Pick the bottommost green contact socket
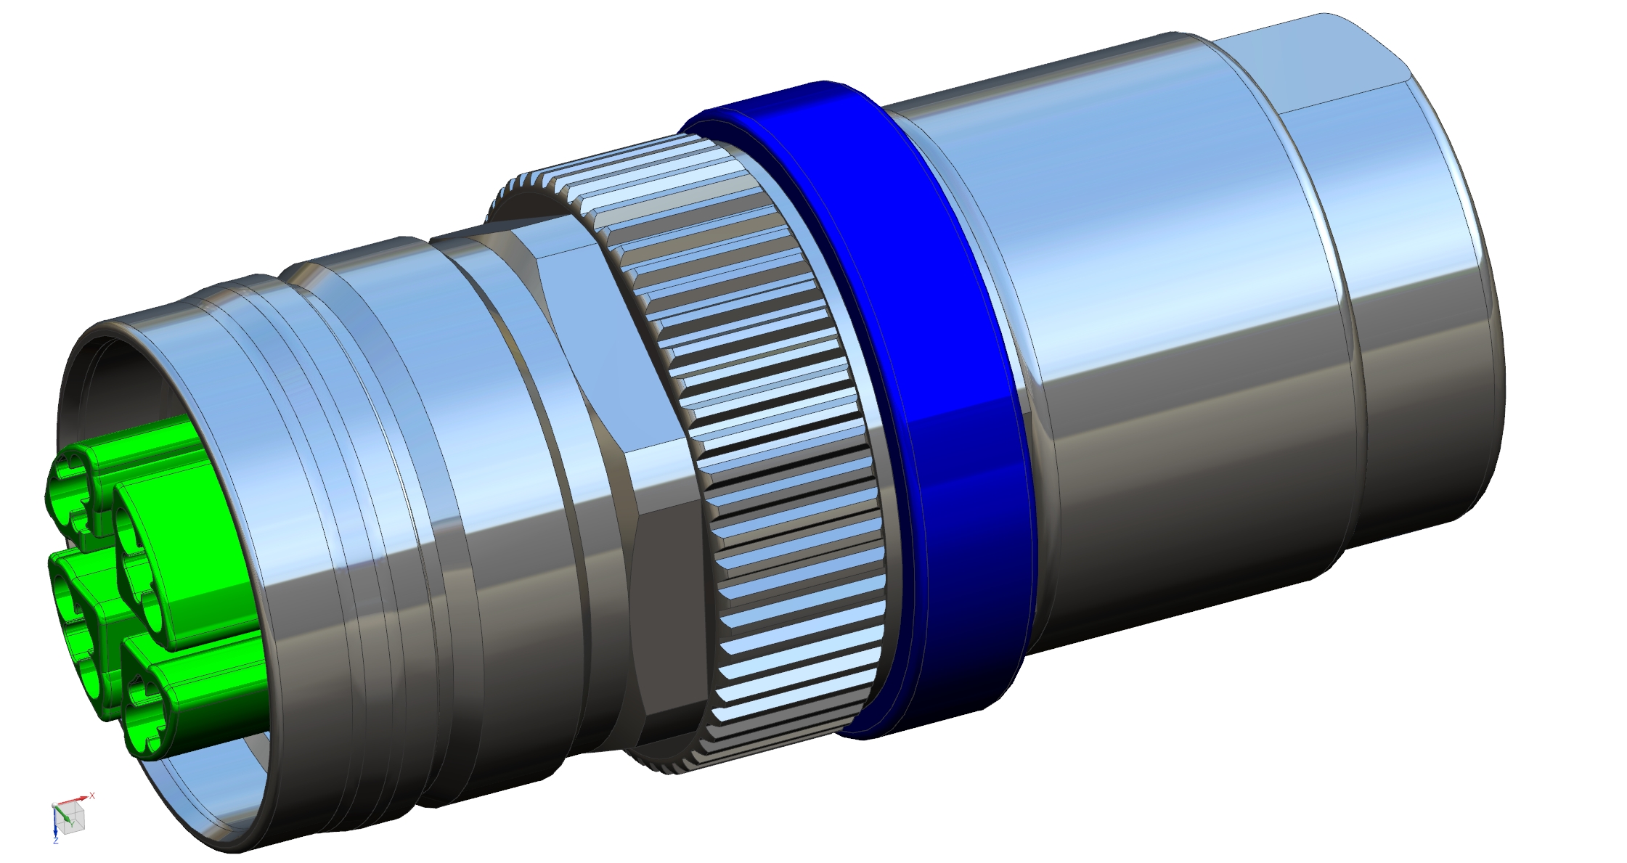tap(145, 715)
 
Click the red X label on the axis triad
tap(92, 795)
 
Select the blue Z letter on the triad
tap(56, 840)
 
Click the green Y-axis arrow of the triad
tap(62, 813)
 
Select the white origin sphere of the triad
tap(54, 805)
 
